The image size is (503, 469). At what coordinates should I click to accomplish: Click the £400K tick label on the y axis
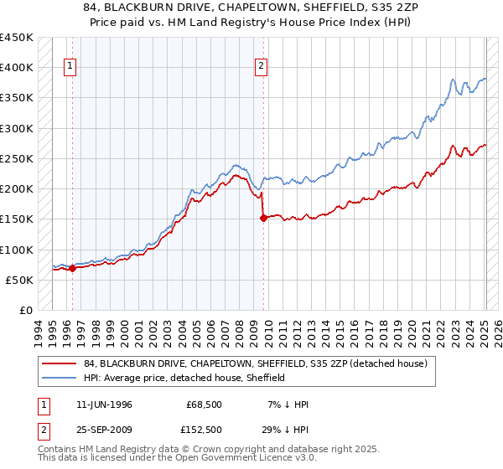(17, 68)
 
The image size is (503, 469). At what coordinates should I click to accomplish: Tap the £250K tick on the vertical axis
(17, 158)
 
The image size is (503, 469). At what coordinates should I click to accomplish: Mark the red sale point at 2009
(263, 218)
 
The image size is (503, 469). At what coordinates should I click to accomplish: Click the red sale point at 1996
(73, 269)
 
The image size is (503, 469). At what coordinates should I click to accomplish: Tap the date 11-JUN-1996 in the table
(104, 405)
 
